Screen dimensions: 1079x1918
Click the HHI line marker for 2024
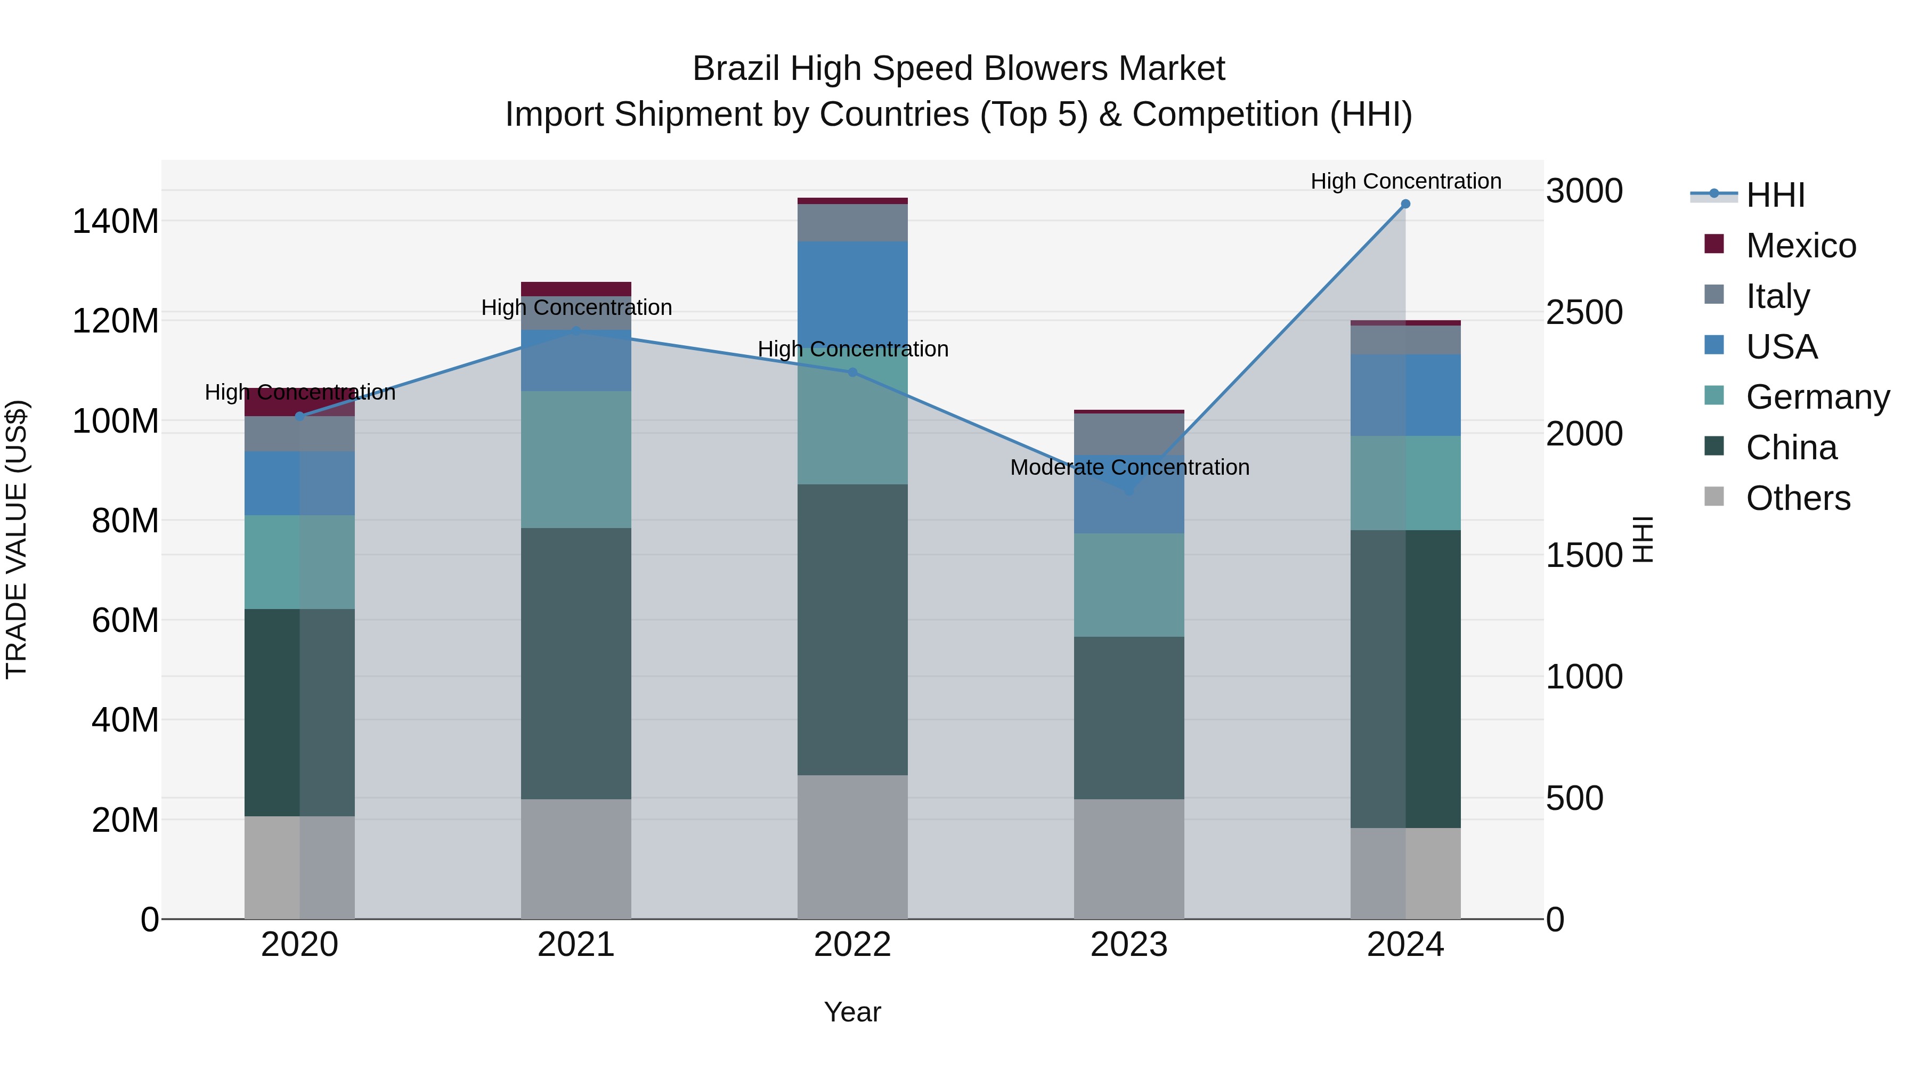click(1405, 204)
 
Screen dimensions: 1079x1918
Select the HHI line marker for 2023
click(1129, 491)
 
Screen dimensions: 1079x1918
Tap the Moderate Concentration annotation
click(1129, 468)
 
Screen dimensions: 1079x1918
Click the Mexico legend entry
click(1800, 246)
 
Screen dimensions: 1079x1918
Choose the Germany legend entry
click(1817, 397)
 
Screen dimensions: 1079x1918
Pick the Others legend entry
click(1798, 498)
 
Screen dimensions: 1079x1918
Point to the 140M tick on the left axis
click(116, 222)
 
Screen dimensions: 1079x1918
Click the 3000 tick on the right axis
click(1584, 191)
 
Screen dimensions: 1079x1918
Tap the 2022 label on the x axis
click(852, 945)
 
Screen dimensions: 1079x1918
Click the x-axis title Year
click(852, 1012)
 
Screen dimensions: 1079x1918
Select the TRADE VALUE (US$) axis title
click(17, 539)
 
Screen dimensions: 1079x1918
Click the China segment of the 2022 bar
click(852, 629)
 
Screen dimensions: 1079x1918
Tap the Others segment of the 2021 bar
click(575, 858)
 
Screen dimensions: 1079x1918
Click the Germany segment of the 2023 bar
click(1129, 585)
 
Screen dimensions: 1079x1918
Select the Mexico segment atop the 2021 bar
click(575, 289)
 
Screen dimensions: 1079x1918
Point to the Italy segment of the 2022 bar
click(852, 223)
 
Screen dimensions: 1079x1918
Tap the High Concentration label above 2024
click(1405, 182)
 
